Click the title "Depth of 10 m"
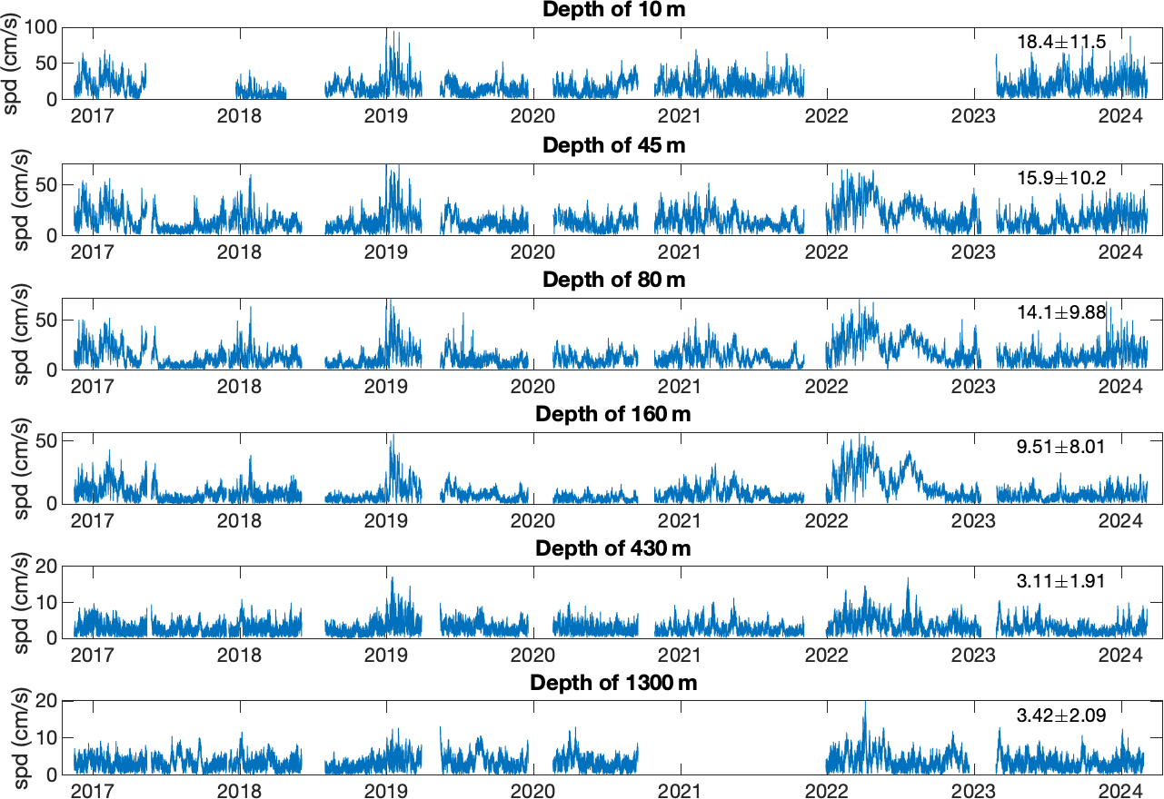click(x=613, y=10)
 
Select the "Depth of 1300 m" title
click(x=613, y=683)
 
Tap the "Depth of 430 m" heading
click(x=613, y=548)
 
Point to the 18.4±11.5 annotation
click(x=1061, y=42)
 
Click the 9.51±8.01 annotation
click(x=1061, y=447)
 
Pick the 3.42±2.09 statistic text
click(x=1061, y=715)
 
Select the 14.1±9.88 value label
click(x=1061, y=312)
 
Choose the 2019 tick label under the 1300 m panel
click(x=385, y=790)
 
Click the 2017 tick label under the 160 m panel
click(x=92, y=520)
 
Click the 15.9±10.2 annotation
click(x=1061, y=178)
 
